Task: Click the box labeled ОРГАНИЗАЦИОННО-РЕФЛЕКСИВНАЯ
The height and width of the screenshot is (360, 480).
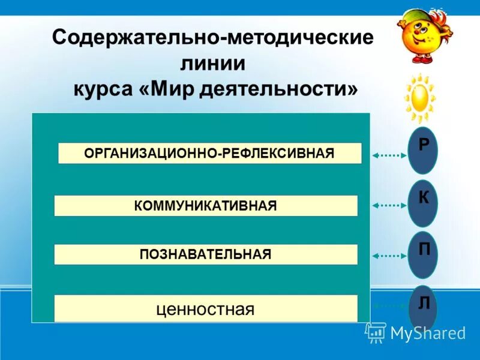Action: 209,153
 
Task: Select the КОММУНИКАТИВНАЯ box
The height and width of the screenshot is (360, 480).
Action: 206,206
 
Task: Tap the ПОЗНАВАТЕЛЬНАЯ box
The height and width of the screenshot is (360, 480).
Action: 206,254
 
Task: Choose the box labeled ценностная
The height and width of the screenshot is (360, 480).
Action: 206,309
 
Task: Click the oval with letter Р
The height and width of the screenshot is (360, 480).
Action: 423,151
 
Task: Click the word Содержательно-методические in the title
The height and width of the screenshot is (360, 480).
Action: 213,38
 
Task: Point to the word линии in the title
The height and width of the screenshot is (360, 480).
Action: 213,64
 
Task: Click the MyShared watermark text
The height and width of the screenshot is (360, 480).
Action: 428,333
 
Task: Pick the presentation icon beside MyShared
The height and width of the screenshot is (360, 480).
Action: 376,331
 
